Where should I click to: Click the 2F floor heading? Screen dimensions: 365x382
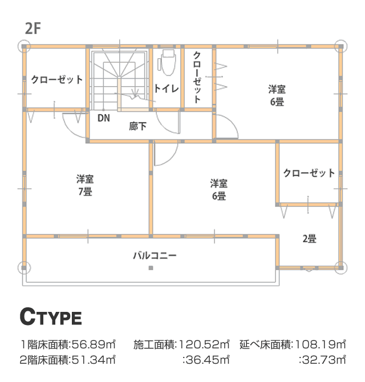click(33, 29)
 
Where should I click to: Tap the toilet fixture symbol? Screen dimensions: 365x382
click(167, 63)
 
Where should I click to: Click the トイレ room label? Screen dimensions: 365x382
click(167, 88)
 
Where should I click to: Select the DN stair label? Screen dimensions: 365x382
click(104, 118)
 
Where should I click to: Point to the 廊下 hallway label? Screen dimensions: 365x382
click(137, 126)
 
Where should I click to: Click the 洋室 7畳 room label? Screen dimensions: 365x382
click(85, 185)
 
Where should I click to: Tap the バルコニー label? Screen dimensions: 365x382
click(155, 255)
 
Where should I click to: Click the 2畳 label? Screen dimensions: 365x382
click(310, 239)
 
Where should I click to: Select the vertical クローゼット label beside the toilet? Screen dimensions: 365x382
click(197, 78)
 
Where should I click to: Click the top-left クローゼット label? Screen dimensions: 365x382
click(57, 80)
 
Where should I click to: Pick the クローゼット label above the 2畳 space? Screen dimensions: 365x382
click(309, 173)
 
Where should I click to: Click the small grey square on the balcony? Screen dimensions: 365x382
click(151, 268)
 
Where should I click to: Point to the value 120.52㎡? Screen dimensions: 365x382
click(204, 344)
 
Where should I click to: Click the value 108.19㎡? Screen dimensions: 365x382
click(321, 344)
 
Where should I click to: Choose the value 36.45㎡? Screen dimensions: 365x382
click(208, 360)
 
